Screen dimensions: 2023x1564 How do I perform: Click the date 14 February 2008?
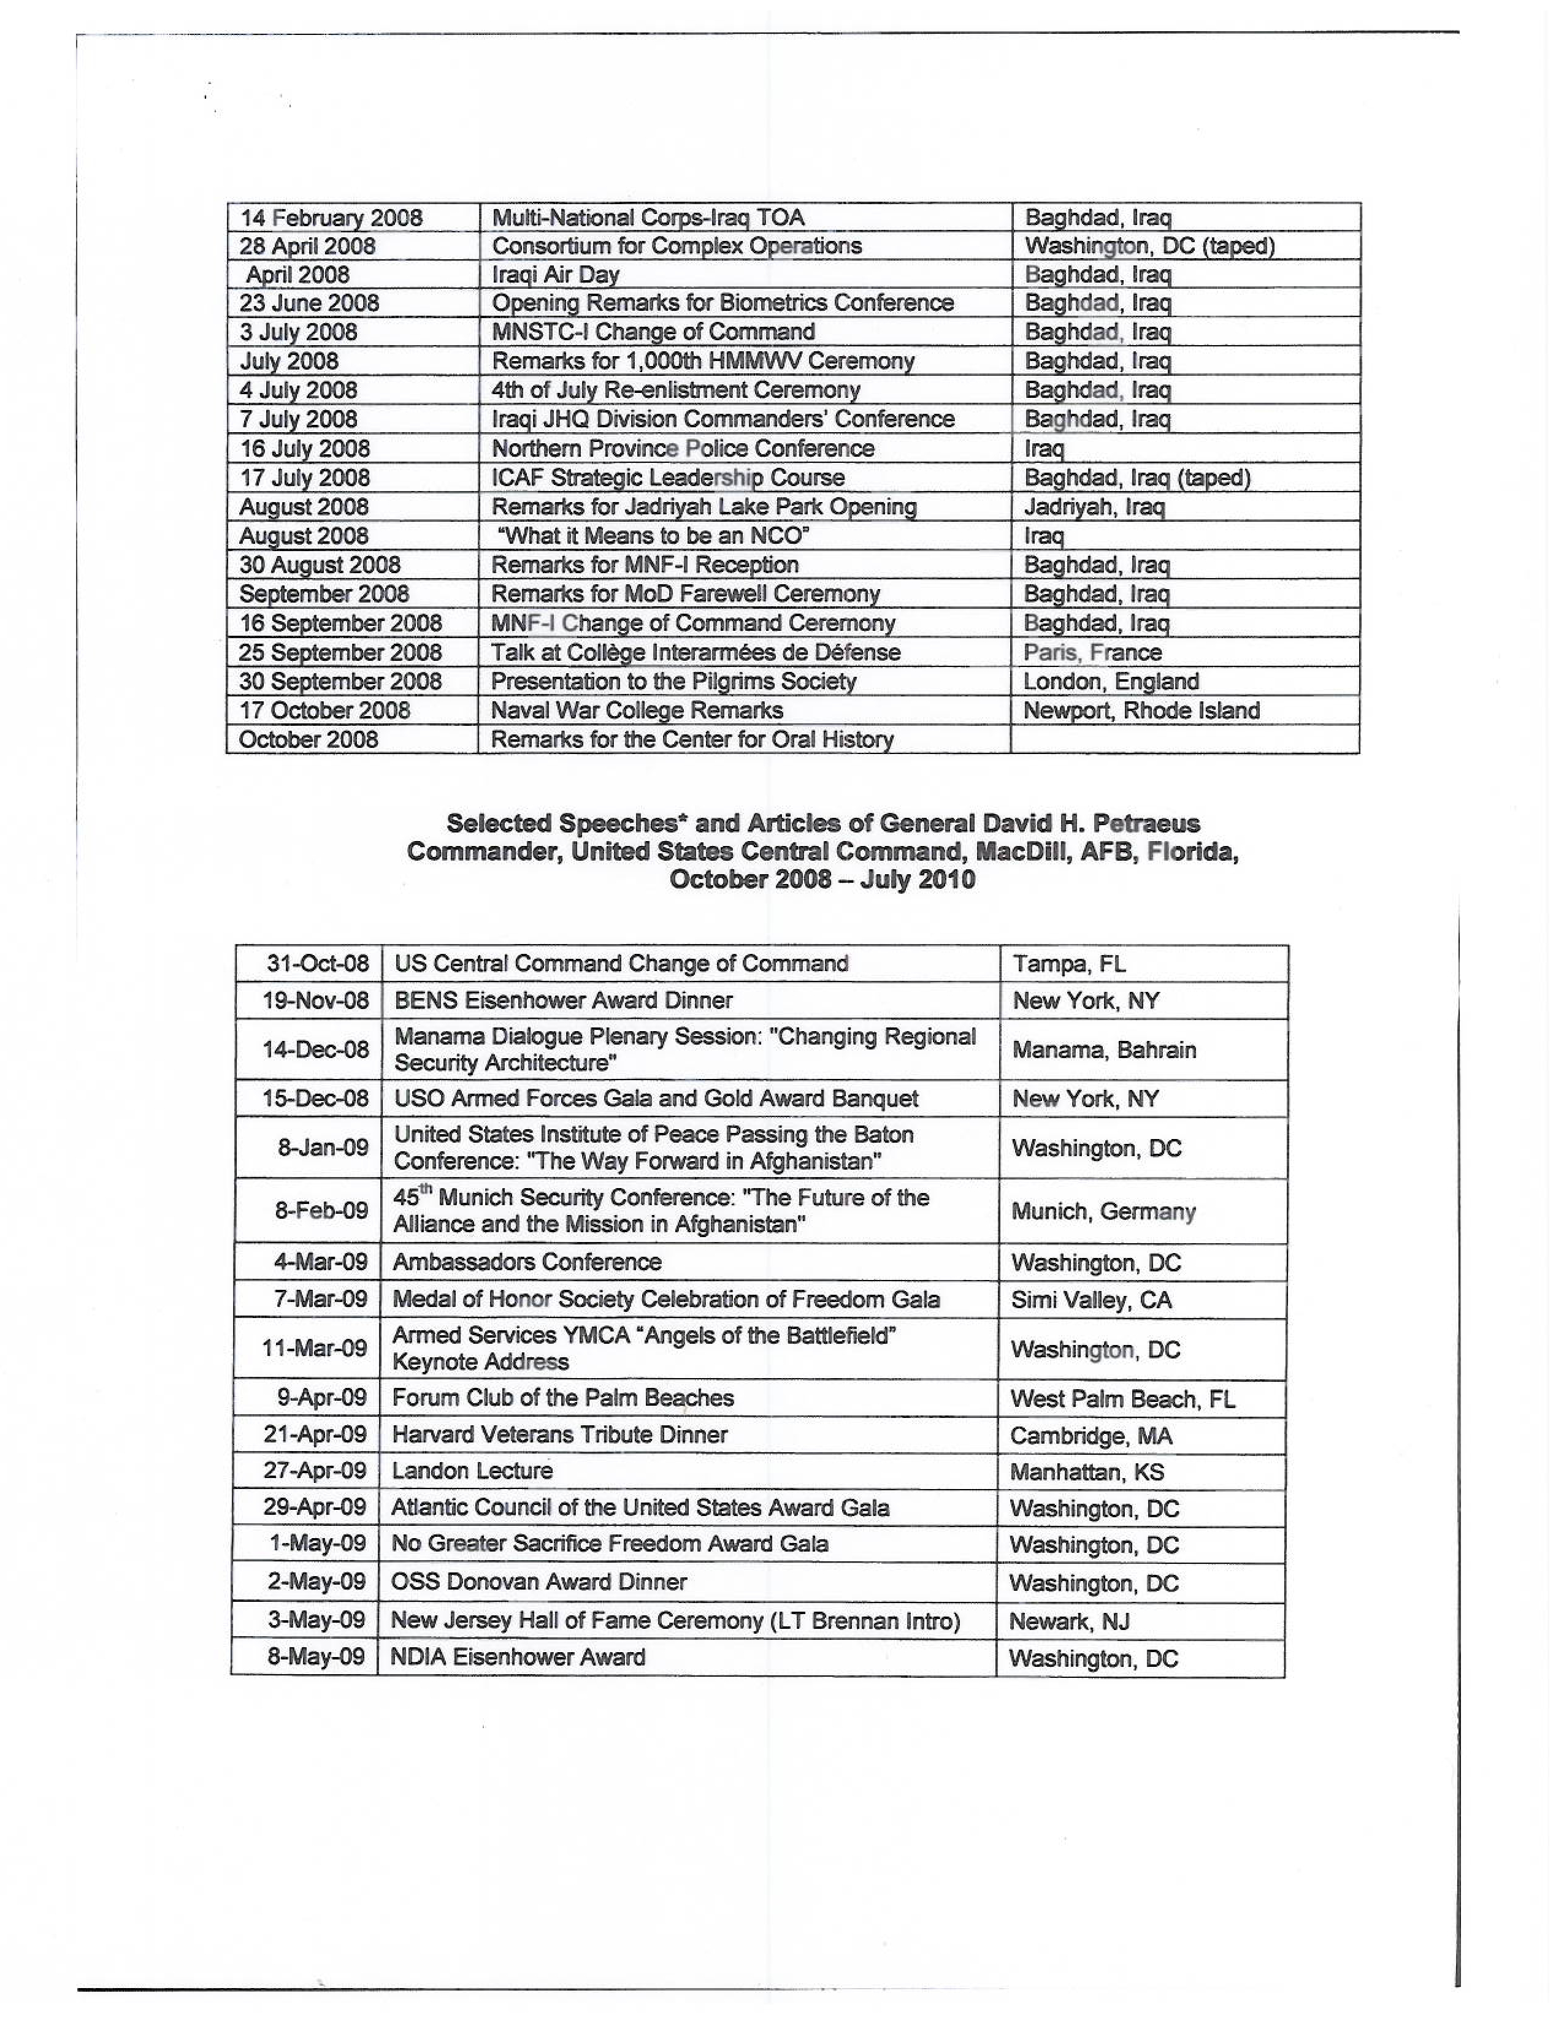click(331, 218)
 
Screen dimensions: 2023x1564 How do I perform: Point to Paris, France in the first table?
click(1092, 652)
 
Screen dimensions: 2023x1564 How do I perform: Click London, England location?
click(1110, 682)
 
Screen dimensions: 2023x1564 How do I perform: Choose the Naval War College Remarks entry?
click(637, 711)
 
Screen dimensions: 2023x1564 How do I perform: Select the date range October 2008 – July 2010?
click(822, 879)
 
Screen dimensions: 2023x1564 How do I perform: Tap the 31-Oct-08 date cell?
click(318, 963)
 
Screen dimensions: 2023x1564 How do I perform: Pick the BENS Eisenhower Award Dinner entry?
click(563, 1000)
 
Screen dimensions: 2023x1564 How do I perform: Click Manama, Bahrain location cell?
click(1103, 1050)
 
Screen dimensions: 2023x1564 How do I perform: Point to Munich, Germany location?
click(1103, 1211)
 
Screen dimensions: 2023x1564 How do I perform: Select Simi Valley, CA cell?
click(1091, 1300)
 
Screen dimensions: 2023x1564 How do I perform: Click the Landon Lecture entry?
click(472, 1471)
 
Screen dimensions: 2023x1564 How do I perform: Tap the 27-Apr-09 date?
click(315, 1471)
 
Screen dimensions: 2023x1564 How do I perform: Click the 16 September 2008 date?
click(340, 623)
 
